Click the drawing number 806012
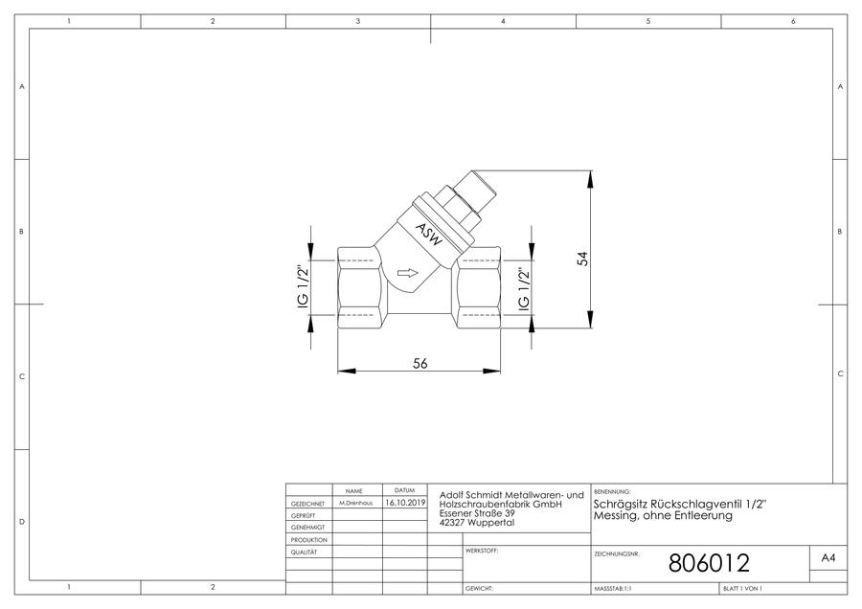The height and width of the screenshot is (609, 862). pyautogui.click(x=709, y=563)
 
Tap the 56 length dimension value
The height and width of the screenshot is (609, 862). pyautogui.click(x=420, y=363)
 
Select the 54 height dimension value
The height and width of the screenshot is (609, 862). pyautogui.click(x=582, y=259)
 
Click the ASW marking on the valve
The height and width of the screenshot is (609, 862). pyautogui.click(x=428, y=235)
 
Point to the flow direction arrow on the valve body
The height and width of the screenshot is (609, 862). pyautogui.click(x=407, y=273)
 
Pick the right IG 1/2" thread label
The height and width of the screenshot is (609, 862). pyautogui.click(x=524, y=290)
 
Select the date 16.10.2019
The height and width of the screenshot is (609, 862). pyautogui.click(x=405, y=503)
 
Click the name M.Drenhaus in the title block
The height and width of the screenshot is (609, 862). pyautogui.click(x=355, y=503)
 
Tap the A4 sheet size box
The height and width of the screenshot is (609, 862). pyautogui.click(x=828, y=558)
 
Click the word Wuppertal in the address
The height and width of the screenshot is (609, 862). pyautogui.click(x=491, y=523)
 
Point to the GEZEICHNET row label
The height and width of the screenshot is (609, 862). pyautogui.click(x=307, y=504)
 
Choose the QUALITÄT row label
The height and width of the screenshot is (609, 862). pyautogui.click(x=304, y=552)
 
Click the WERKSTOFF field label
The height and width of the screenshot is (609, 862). pyautogui.click(x=482, y=551)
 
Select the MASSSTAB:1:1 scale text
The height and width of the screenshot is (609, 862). pyautogui.click(x=613, y=589)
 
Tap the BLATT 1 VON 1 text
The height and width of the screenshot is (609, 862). pyautogui.click(x=742, y=589)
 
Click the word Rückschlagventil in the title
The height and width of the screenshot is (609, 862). pyautogui.click(x=697, y=504)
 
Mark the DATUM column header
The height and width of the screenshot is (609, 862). pyautogui.click(x=404, y=490)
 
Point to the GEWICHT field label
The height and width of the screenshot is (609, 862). pyautogui.click(x=480, y=589)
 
